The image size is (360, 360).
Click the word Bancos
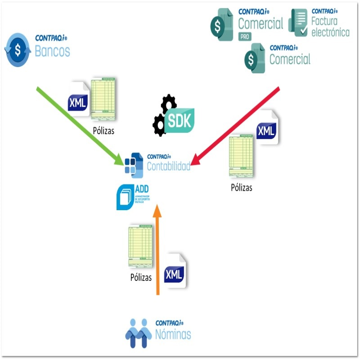(x=52, y=51)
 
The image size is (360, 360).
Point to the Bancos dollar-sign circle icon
(x=18, y=50)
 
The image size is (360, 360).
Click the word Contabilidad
(x=168, y=166)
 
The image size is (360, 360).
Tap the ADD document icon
(x=126, y=197)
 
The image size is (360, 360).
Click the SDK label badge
(x=179, y=120)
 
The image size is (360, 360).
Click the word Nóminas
(x=173, y=334)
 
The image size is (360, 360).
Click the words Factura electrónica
(x=330, y=27)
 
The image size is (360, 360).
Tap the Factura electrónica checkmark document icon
(x=297, y=22)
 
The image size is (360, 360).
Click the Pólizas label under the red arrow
(x=241, y=188)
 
